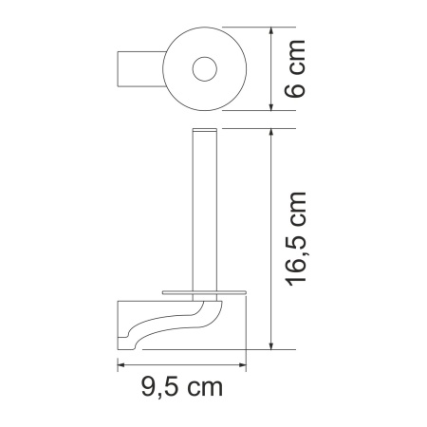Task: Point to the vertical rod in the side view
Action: point(203,209)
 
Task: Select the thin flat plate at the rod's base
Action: point(203,291)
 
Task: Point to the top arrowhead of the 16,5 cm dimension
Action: point(273,132)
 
